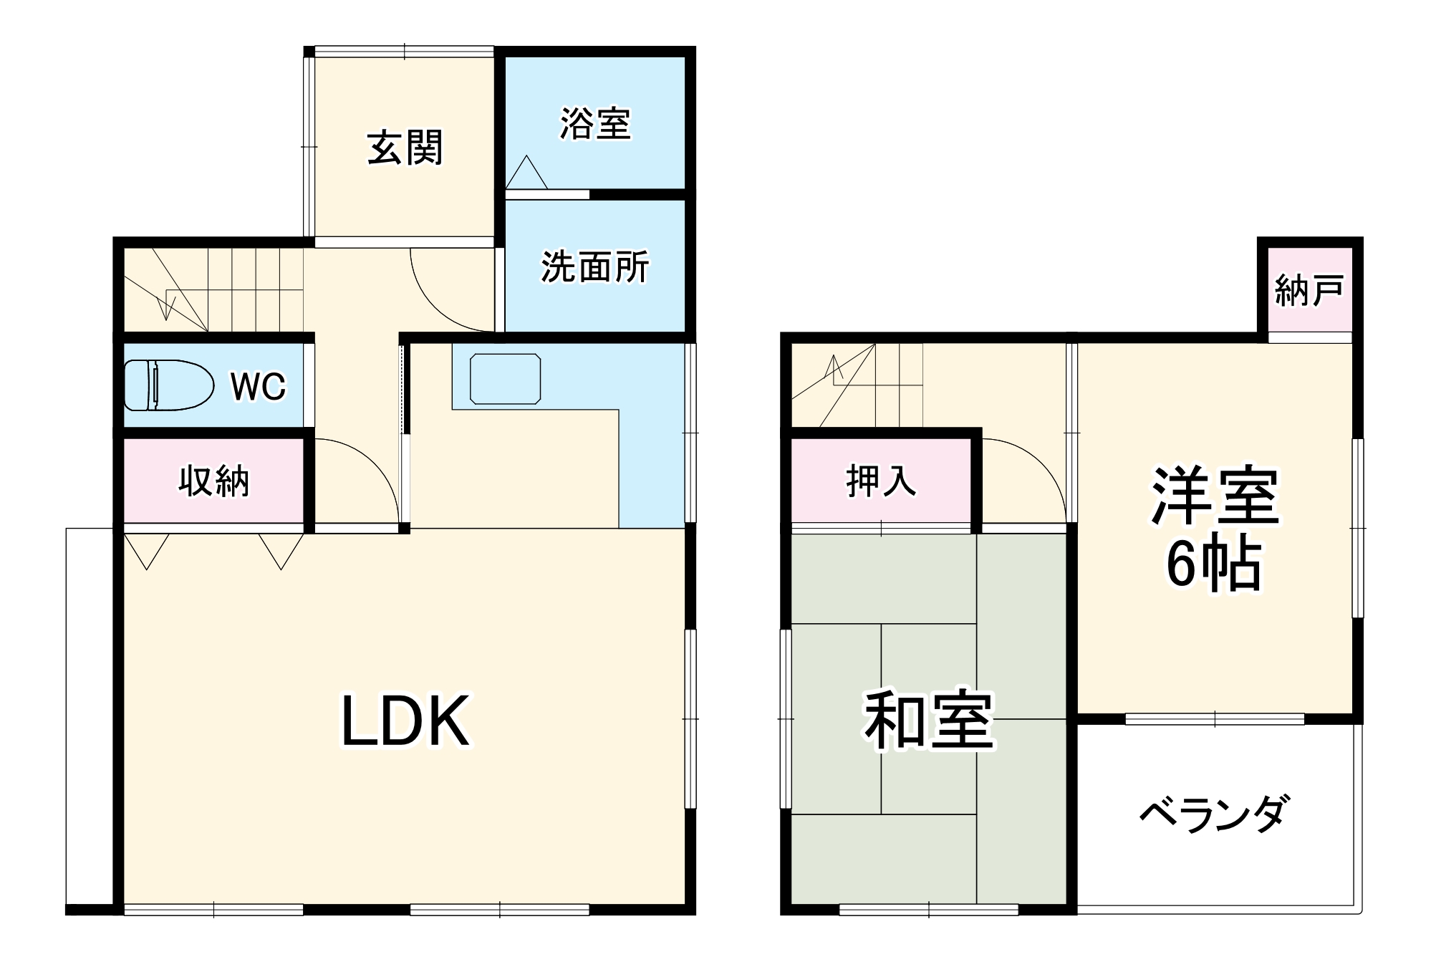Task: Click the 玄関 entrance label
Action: click(405, 148)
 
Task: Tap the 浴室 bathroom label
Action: click(595, 124)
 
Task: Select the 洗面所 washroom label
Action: click(594, 267)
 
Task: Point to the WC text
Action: click(258, 387)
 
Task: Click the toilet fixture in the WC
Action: click(169, 385)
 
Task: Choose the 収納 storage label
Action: click(213, 481)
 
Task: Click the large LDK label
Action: click(405, 721)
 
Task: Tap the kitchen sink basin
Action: click(505, 379)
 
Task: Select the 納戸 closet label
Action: click(1309, 291)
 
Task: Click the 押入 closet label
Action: click(880, 481)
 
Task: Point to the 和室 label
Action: click(928, 719)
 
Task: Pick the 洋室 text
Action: click(1215, 496)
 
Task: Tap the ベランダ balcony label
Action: click(1215, 813)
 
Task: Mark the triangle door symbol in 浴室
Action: click(526, 173)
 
